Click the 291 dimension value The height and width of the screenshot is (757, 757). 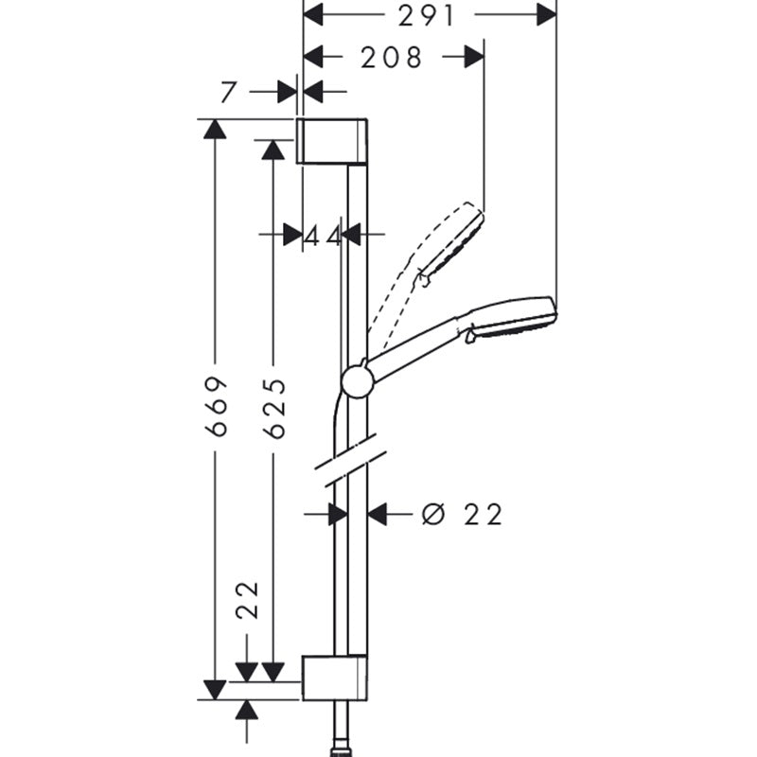[427, 15]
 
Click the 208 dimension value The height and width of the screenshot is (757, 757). [392, 58]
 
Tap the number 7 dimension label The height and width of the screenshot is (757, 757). [226, 93]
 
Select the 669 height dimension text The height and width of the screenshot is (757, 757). [219, 406]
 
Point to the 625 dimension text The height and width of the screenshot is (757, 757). [274, 408]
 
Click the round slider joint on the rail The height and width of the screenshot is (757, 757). [357, 380]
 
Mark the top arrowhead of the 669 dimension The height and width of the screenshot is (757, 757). [216, 130]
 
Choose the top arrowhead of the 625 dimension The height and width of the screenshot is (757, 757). [273, 150]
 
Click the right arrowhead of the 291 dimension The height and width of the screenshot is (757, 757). [546, 15]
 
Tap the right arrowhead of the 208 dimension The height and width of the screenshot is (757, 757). [475, 58]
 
